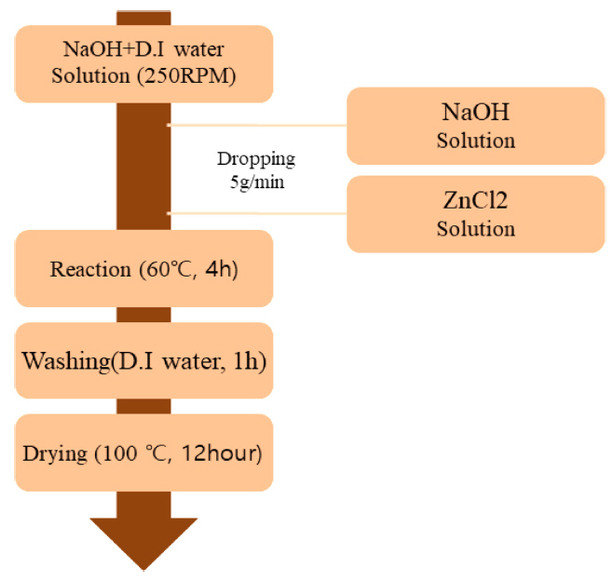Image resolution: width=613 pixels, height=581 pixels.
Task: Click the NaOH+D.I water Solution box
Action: coord(144,61)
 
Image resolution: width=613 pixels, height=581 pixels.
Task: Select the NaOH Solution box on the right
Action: coord(475,126)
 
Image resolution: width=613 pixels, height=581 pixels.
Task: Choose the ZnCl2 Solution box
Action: coord(475,213)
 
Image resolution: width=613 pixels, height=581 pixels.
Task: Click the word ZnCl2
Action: coord(476,201)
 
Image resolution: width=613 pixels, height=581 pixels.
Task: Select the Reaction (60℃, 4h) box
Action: coord(144,269)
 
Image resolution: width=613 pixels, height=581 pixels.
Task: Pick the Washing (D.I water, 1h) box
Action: coord(144,359)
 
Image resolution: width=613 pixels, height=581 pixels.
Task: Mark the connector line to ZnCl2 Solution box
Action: coord(256,213)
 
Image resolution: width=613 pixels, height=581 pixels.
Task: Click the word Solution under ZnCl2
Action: coord(476,228)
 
